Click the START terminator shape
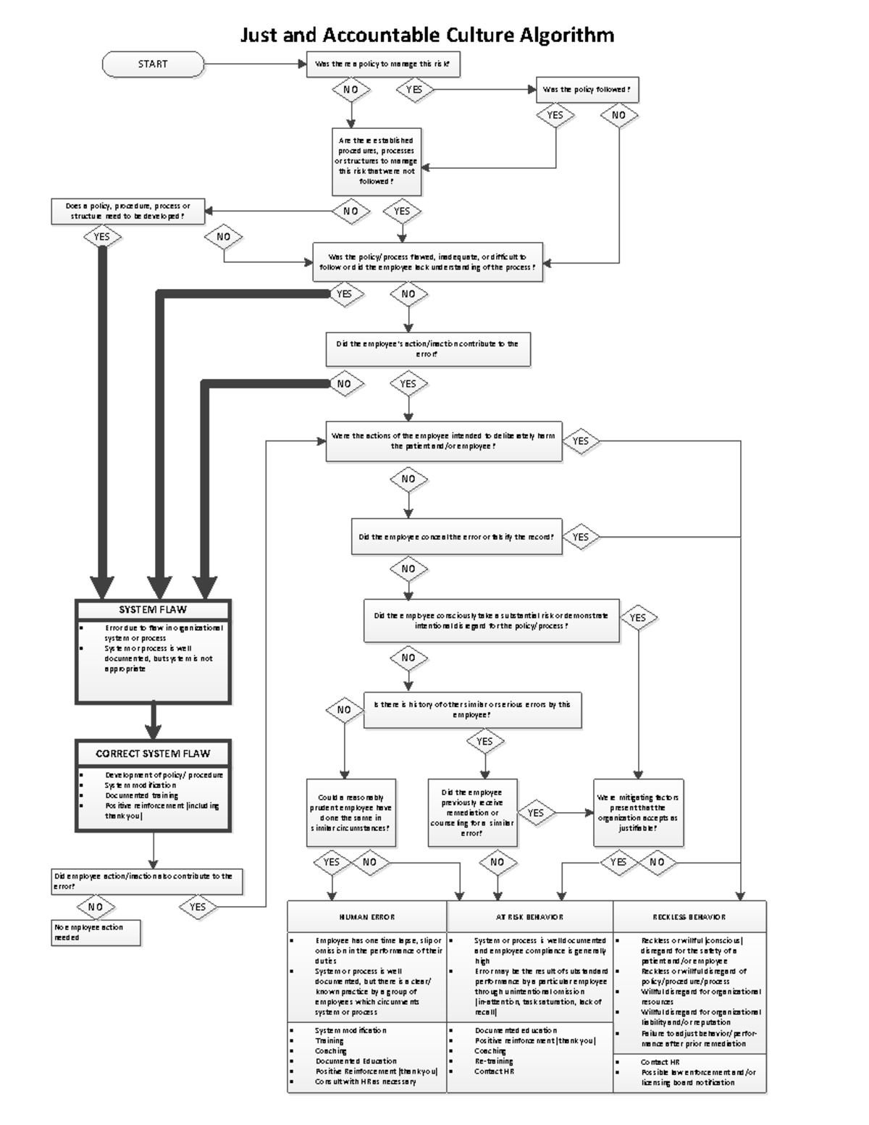153,64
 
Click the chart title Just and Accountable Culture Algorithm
427,35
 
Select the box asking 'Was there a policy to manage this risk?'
383,64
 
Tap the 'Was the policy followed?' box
587,90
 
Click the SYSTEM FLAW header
153,610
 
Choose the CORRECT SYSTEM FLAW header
153,753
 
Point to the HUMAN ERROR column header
367,917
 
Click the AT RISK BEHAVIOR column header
529,917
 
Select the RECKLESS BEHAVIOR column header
689,917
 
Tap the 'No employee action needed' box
96,932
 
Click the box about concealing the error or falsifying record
456,538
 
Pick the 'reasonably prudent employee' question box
351,812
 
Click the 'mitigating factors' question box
638,812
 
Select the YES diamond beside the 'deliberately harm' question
581,441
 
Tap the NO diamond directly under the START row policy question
351,90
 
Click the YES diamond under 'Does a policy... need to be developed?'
102,237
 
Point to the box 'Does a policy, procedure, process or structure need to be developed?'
127,212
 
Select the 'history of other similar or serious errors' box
472,710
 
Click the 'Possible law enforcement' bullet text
697,1077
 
